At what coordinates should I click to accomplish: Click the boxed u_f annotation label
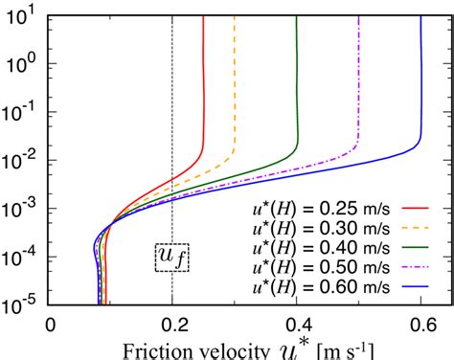(171, 257)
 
